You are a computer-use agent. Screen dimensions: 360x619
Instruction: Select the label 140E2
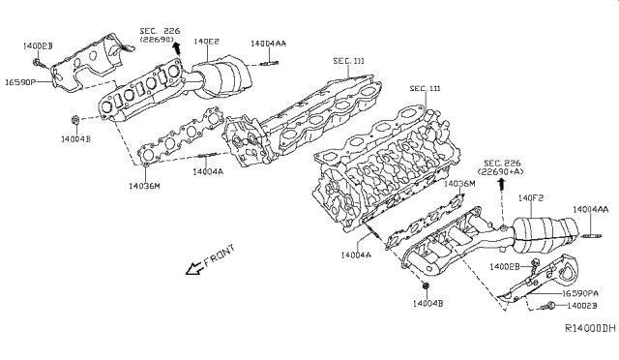point(207,42)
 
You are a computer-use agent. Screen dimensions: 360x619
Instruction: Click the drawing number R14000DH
point(591,328)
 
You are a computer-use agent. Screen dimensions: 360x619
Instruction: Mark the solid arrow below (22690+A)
point(500,182)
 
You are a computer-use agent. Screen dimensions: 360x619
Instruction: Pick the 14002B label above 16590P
point(38,45)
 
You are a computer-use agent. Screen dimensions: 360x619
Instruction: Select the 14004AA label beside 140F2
point(590,209)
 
